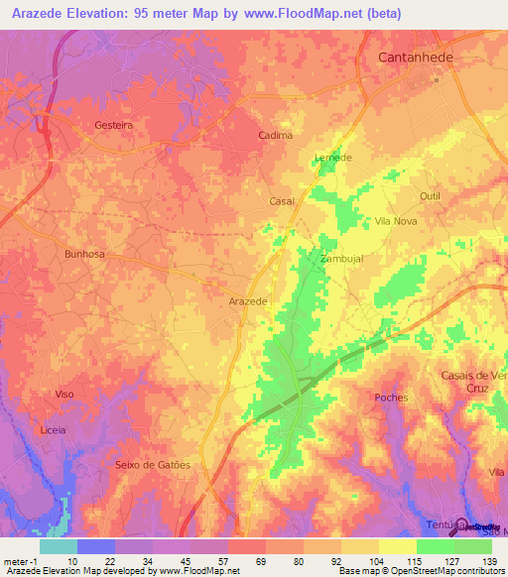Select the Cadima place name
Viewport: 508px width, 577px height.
[275, 135]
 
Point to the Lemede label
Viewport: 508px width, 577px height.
[332, 158]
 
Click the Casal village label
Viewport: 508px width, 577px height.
[282, 201]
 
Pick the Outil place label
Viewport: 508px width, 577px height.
[430, 196]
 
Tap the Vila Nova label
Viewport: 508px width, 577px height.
[396, 221]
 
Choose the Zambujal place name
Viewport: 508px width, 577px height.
[340, 258]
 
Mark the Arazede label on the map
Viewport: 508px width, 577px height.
[248, 300]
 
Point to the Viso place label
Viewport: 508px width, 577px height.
[64, 394]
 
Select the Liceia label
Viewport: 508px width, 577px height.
[52, 430]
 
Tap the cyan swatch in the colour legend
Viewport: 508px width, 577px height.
[58, 546]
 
